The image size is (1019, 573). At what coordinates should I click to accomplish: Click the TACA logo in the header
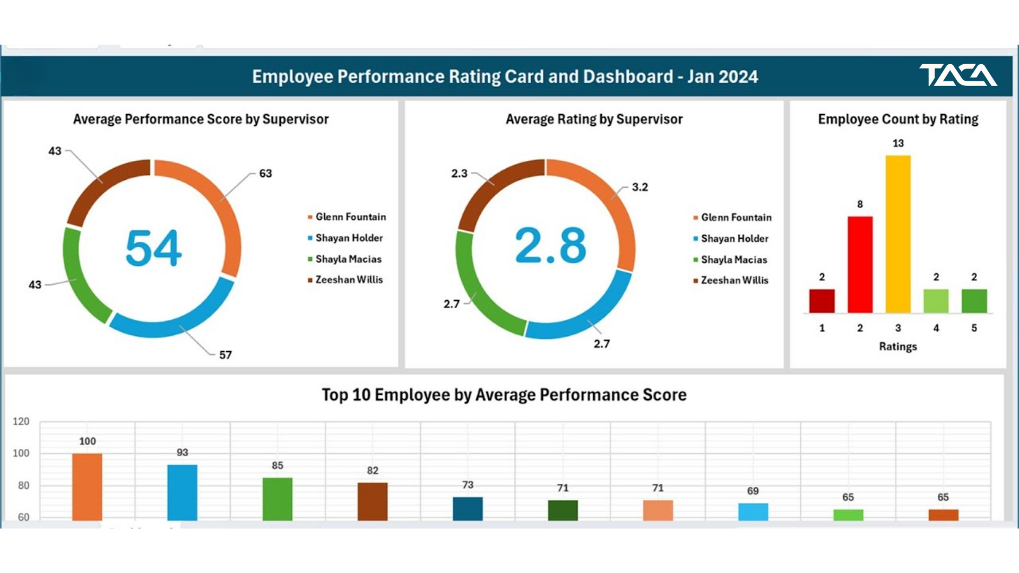[958, 75]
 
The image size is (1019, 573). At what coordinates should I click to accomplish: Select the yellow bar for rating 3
[898, 234]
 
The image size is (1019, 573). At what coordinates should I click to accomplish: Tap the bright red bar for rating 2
[860, 264]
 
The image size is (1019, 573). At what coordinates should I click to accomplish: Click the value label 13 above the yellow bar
[898, 143]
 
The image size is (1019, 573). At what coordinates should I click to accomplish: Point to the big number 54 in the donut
[153, 248]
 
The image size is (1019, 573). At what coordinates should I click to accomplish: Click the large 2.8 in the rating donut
[551, 245]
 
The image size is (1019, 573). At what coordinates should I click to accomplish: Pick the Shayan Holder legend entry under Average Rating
[731, 239]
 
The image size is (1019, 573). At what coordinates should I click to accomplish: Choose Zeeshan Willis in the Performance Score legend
[345, 280]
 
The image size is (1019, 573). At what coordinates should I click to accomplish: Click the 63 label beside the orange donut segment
[265, 173]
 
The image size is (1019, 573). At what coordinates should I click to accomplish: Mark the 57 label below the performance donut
[226, 355]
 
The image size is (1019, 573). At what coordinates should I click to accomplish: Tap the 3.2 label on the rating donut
[640, 187]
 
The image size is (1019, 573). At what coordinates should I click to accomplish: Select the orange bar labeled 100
[87, 487]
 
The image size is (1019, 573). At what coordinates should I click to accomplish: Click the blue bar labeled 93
[182, 492]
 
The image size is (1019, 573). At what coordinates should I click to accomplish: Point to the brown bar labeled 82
[373, 501]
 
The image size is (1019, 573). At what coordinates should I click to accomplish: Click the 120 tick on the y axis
[21, 422]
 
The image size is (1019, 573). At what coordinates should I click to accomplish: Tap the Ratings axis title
[898, 346]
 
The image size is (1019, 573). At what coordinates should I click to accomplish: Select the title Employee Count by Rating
[898, 119]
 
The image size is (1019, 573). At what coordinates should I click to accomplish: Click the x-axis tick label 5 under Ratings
[974, 328]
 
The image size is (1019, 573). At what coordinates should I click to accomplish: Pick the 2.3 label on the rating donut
[460, 173]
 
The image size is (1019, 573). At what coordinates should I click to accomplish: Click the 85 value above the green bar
[278, 465]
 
